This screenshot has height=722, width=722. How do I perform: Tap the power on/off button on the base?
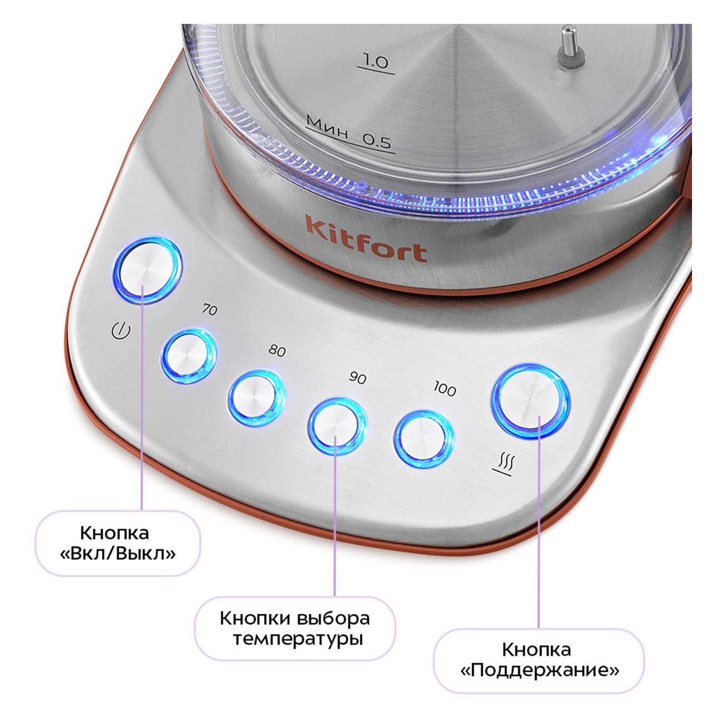pos(148,270)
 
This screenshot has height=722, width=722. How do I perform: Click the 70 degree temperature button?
pos(188,355)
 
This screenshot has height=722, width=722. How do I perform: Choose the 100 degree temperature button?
pos(424,437)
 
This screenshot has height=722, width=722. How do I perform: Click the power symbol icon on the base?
pos(121,331)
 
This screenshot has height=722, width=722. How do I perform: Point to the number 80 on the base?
pos(277,350)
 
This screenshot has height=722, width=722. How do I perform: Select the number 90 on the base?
pos(358,378)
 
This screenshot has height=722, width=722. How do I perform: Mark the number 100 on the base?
pos(444,389)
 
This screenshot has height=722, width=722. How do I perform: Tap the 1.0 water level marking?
pos(376,62)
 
